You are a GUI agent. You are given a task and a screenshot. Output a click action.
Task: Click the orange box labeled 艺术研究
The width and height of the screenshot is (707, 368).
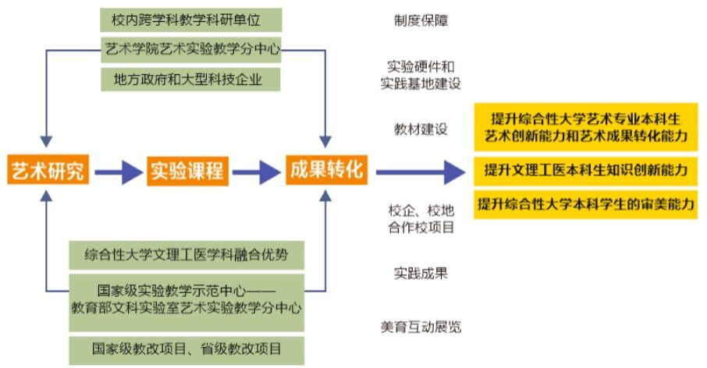[x=46, y=170]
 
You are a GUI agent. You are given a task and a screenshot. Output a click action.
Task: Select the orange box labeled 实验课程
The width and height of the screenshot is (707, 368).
[x=187, y=170]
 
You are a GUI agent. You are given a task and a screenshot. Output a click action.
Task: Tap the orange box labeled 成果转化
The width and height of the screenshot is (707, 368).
[x=326, y=170]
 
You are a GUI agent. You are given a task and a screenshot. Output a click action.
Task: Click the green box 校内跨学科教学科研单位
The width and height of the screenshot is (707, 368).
[x=191, y=19]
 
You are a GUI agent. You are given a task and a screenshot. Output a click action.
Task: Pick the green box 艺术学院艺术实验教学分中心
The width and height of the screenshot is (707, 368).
[x=191, y=48]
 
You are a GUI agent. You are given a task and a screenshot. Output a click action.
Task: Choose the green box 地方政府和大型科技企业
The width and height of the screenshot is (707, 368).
[x=191, y=78]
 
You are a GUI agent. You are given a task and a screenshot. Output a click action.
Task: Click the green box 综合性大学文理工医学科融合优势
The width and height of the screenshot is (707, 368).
[x=185, y=254]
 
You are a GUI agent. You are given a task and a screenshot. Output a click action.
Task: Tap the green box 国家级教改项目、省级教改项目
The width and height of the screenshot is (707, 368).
[x=185, y=347]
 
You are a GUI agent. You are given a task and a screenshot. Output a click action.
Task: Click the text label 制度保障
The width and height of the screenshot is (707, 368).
[x=421, y=20]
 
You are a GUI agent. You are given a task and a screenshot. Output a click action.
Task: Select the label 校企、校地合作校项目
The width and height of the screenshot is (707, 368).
[x=421, y=219]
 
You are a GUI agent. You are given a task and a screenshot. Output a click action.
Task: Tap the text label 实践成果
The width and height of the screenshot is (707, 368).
[x=421, y=273]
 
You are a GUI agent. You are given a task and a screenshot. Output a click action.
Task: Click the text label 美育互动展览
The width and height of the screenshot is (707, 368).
[x=421, y=327]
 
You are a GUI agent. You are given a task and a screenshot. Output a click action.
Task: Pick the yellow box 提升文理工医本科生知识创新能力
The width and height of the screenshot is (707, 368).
[x=585, y=169]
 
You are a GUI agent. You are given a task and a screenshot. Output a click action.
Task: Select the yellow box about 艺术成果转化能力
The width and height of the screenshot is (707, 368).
[x=585, y=128]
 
